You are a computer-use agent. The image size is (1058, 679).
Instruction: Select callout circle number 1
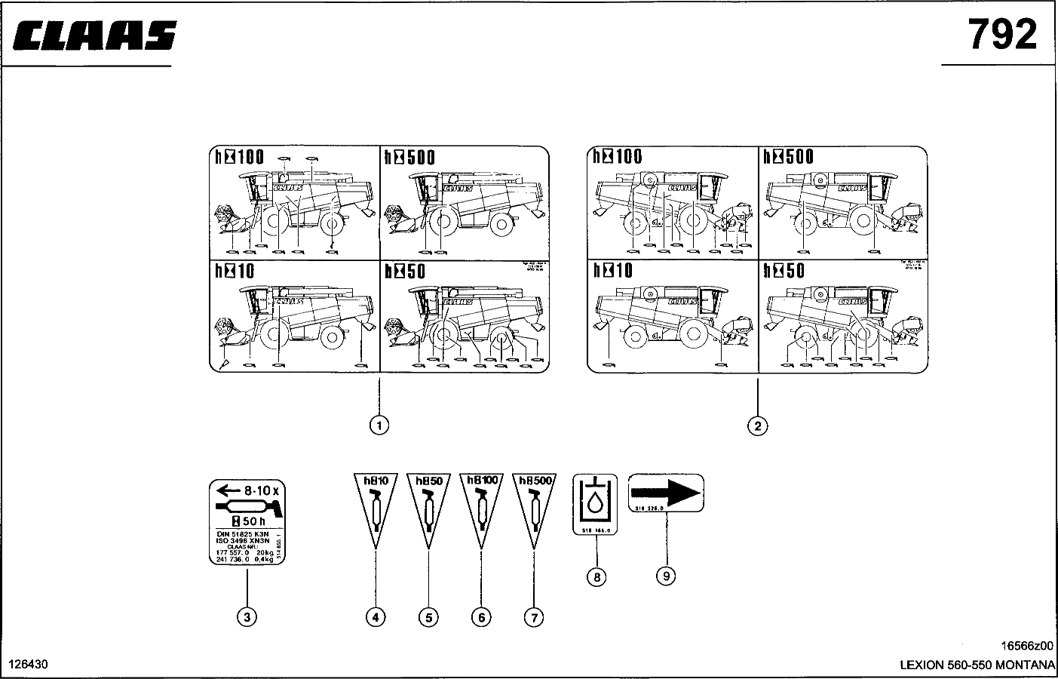click(x=379, y=426)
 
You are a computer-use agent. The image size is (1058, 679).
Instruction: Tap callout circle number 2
click(x=757, y=426)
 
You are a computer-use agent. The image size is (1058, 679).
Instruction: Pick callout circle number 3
click(x=247, y=617)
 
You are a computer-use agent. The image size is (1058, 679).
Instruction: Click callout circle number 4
click(x=376, y=617)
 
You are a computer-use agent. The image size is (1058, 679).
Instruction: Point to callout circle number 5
click(x=428, y=617)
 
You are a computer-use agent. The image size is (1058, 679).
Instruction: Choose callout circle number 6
click(x=480, y=617)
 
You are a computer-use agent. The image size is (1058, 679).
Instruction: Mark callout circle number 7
click(x=533, y=617)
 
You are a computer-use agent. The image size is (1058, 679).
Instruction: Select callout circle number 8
click(x=596, y=577)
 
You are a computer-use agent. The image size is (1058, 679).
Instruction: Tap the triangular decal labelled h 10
click(x=376, y=505)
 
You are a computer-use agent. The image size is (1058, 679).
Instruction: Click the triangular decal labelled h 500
click(x=533, y=505)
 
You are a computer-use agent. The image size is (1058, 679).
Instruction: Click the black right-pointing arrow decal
click(x=666, y=492)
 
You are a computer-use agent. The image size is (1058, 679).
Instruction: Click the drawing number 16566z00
click(x=1026, y=647)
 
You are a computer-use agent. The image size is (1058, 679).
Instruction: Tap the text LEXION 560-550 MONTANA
click(x=977, y=665)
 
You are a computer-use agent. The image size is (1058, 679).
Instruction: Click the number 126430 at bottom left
click(x=28, y=665)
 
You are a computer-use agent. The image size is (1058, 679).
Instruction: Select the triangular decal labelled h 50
click(x=428, y=505)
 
